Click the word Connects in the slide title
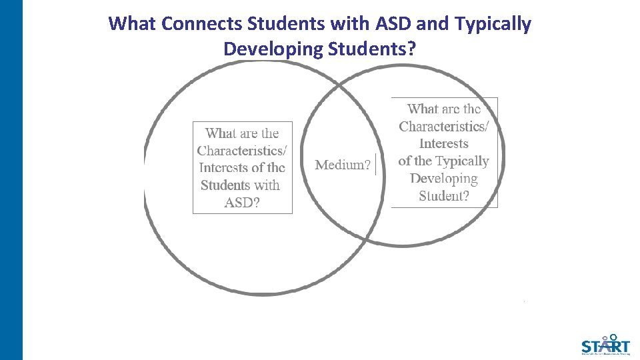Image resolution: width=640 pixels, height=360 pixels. (202, 24)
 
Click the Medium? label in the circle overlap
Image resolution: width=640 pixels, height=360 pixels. (343, 165)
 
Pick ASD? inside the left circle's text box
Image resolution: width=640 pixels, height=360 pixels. (242, 203)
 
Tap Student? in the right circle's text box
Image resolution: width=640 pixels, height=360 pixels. (444, 196)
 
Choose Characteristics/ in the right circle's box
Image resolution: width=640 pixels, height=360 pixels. (444, 127)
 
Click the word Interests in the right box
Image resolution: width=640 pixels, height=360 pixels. (444, 144)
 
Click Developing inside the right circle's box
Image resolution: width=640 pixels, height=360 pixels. (444, 179)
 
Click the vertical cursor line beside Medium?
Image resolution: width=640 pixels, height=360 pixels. (377, 164)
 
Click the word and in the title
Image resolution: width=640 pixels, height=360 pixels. (431, 24)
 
